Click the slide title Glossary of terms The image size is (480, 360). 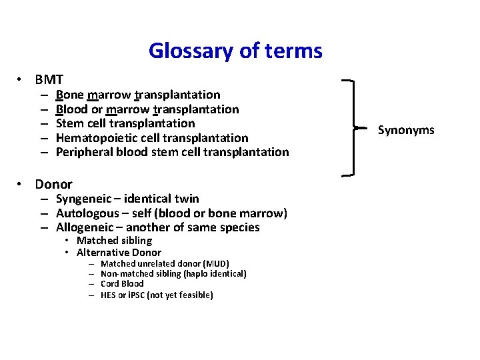click(235, 51)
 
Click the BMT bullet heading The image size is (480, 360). click(49, 80)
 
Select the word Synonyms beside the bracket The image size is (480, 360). click(405, 129)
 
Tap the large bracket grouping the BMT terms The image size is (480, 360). click(349, 127)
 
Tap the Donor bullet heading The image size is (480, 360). click(53, 184)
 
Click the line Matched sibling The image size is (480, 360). click(114, 240)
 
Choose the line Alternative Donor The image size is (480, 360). click(119, 253)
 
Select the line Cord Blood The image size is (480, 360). click(122, 283)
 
